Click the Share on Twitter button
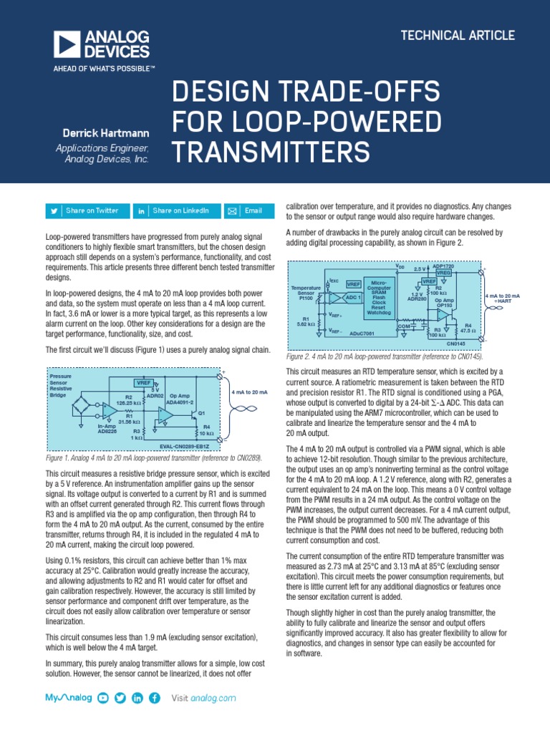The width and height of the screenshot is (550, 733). [87, 210]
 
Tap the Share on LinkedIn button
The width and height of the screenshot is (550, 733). [175, 210]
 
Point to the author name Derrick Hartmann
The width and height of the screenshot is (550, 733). [105, 133]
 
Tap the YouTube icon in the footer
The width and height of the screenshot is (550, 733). [103, 698]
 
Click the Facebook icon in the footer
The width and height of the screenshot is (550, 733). [154, 698]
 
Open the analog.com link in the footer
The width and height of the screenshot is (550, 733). [213, 698]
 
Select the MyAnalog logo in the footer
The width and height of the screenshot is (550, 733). [69, 698]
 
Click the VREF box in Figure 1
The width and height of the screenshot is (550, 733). [144, 383]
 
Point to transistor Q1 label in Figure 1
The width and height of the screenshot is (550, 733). [201, 413]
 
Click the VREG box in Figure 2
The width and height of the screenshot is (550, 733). [444, 273]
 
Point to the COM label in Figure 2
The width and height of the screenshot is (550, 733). [402, 326]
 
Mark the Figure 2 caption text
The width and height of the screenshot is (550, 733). [384, 356]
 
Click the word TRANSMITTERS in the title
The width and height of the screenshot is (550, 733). [272, 152]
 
